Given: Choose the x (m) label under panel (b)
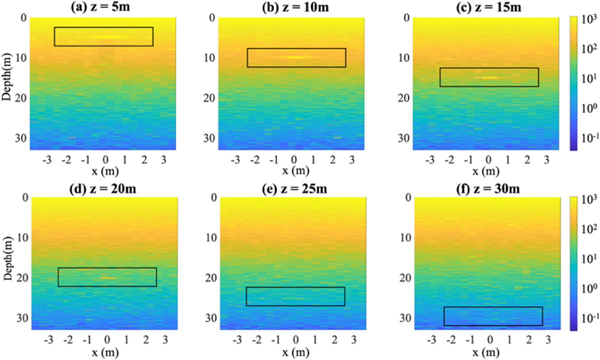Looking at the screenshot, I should click(293, 170).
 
